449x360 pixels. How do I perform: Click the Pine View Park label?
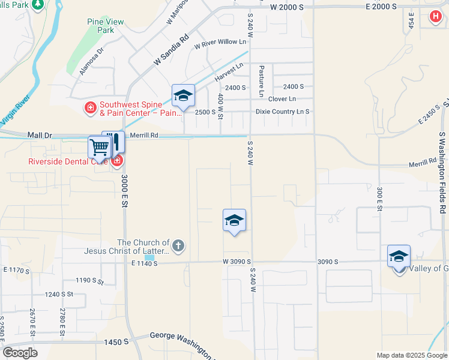pos(106,26)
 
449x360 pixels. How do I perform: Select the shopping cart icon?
pos(99,146)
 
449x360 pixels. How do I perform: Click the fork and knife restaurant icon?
pos(114,142)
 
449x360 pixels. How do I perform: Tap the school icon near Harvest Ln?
pos(183,95)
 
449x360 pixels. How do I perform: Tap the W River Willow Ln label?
pos(220,43)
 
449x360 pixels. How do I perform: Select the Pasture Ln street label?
pos(262,81)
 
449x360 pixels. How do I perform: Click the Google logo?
pos(20,353)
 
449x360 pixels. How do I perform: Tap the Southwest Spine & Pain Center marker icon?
pos(90,108)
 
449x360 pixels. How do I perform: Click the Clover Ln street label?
pos(282,99)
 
